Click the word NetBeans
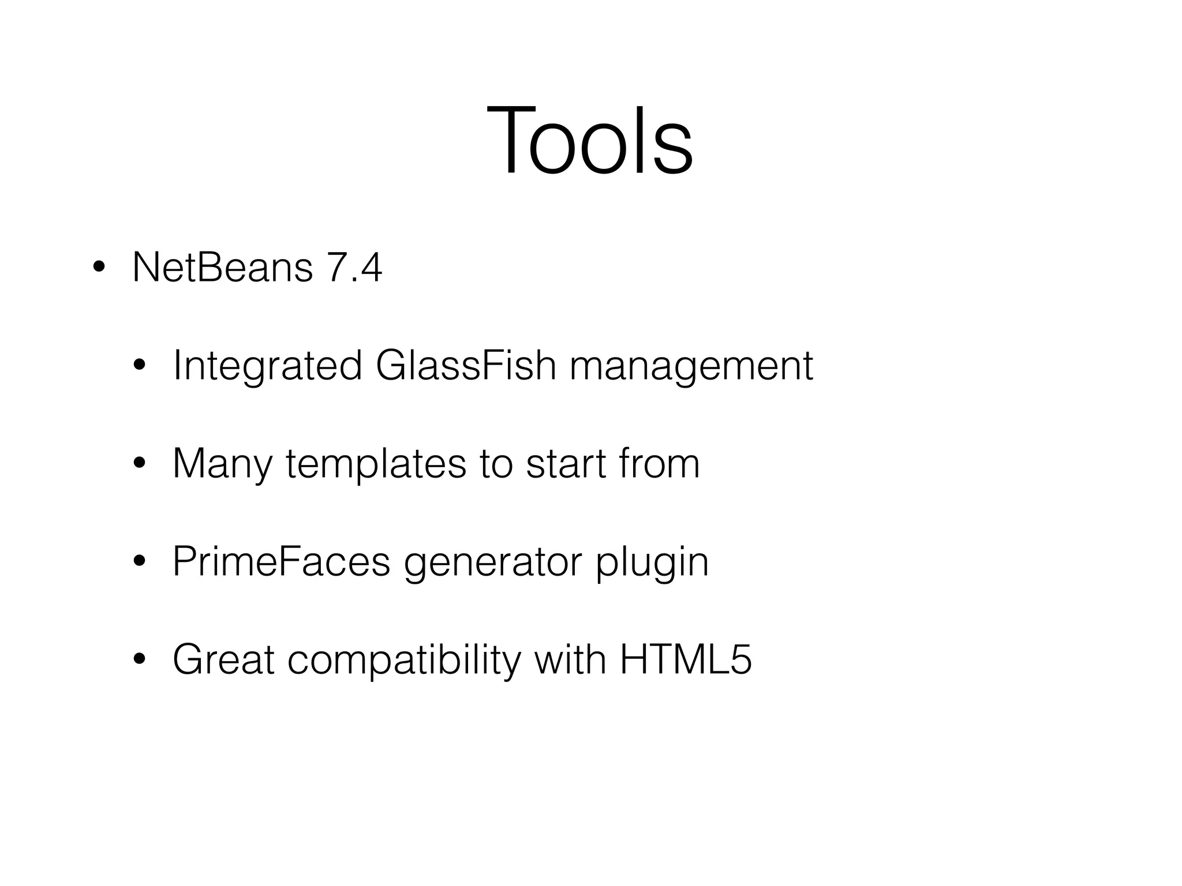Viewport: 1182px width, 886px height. (x=222, y=268)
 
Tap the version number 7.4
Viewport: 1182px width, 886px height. (x=354, y=268)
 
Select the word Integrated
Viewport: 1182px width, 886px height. (x=267, y=366)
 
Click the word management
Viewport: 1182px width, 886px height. (x=691, y=366)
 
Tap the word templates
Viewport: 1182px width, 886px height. (x=376, y=464)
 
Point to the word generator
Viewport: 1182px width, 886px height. (x=492, y=562)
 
